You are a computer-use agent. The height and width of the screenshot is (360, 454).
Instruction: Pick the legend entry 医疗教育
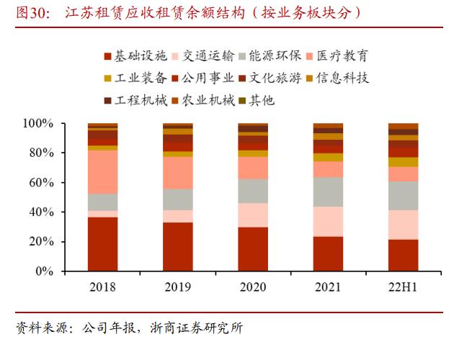click(344, 56)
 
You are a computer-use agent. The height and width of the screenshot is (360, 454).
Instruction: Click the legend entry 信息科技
click(344, 78)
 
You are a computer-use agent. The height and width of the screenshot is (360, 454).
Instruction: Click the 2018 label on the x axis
click(102, 287)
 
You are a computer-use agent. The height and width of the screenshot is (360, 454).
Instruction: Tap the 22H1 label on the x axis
click(403, 287)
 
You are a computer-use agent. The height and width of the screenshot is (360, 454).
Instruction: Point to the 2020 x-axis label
click(253, 287)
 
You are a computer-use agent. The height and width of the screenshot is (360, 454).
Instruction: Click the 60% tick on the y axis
click(40, 183)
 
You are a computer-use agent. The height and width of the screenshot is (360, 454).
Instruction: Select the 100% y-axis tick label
click(37, 124)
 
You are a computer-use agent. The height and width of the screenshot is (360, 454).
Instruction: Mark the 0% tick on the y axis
click(43, 272)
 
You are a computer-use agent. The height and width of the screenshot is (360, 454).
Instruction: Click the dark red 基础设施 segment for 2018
click(102, 244)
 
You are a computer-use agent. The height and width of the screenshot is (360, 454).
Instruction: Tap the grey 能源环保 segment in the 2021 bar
click(328, 192)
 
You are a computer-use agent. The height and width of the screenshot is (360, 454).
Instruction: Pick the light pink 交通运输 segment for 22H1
click(403, 225)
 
